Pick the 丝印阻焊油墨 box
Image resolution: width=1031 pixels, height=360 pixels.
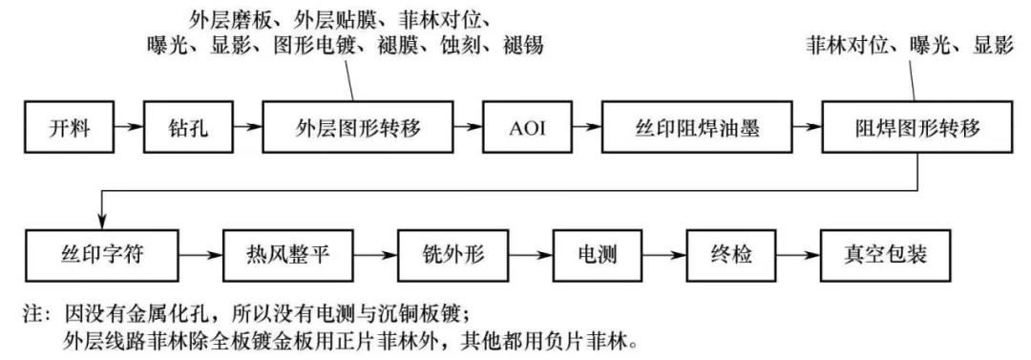pos(698,127)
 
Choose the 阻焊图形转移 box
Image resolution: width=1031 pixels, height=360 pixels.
pos(915,127)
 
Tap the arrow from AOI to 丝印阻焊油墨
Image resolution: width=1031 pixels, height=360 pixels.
pos(582,127)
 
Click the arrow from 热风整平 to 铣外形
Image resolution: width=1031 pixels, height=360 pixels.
pos(375,256)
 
